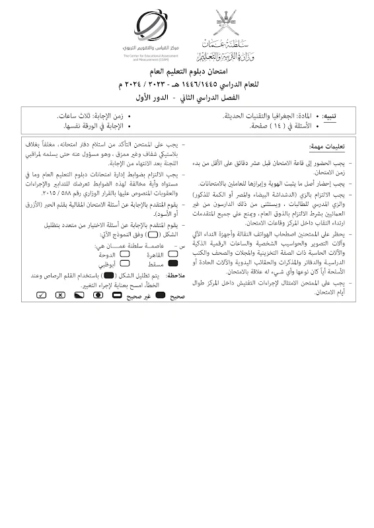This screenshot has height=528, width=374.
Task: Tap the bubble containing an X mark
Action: pyautogui.click(x=59, y=296)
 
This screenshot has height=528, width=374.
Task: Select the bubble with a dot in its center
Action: pyautogui.click(x=97, y=296)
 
